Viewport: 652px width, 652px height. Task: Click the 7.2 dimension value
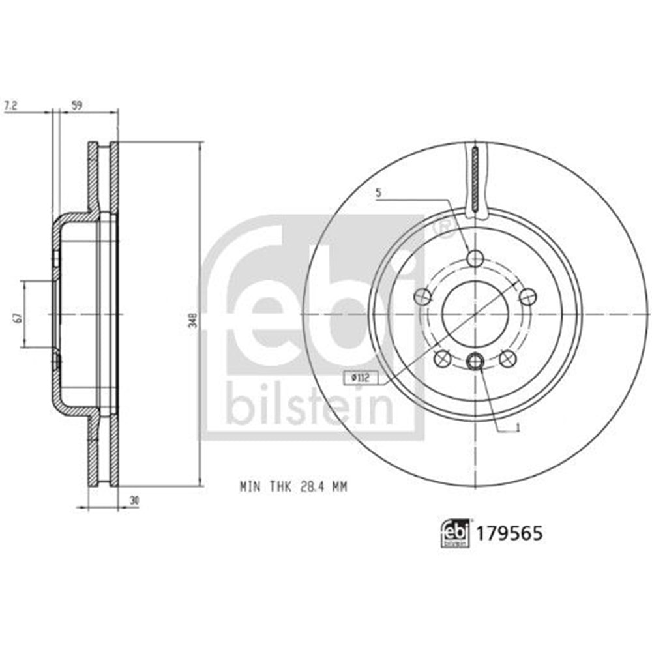coord(10,104)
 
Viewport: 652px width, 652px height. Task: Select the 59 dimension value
coord(76,104)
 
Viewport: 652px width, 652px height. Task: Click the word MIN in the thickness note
coord(248,486)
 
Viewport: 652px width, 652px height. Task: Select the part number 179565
coord(510,533)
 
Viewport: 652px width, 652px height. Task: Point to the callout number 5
coord(378,193)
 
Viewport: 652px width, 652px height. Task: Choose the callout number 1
coord(516,428)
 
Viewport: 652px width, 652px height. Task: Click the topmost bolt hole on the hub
coord(475,258)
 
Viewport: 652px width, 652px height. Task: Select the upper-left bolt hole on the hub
coord(422,297)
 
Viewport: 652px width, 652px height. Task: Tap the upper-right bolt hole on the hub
coord(528,297)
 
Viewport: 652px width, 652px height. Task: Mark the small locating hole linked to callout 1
coord(475,359)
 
